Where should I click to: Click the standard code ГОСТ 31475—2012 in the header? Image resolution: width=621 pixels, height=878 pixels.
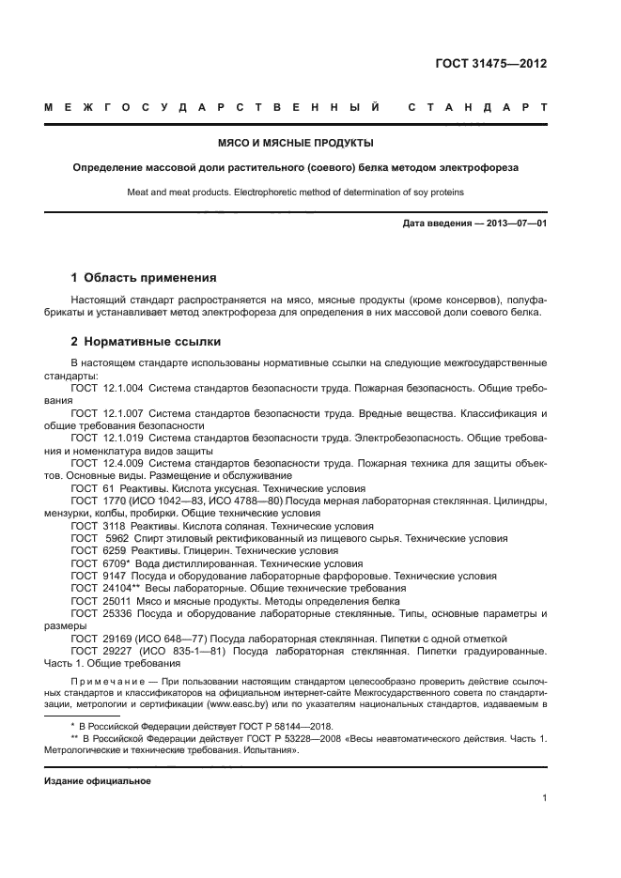[x=491, y=64]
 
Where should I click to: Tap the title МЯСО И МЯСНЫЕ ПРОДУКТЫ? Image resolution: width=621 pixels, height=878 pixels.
[x=295, y=143]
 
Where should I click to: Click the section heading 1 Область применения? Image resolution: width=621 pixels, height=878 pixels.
[x=144, y=278]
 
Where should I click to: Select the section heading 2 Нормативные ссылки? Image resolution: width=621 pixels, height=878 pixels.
[x=146, y=341]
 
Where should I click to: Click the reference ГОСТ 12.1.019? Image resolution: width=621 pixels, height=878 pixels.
[x=104, y=437]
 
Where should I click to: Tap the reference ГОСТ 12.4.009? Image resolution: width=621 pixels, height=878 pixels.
[x=104, y=461]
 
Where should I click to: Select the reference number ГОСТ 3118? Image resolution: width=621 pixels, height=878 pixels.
[x=92, y=527]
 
